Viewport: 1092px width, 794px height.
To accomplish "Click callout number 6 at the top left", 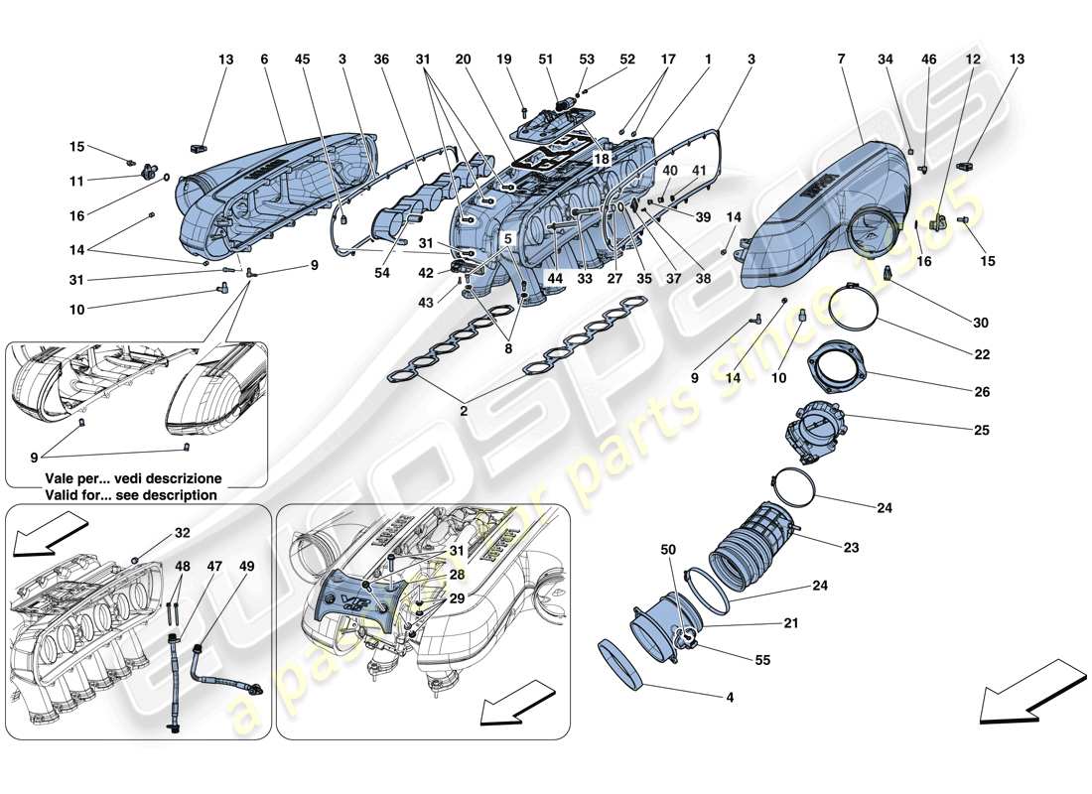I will [265, 60].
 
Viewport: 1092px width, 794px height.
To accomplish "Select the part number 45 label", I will [303, 60].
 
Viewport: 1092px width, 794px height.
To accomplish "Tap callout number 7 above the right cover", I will [841, 60].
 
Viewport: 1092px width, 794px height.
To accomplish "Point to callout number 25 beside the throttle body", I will [983, 431].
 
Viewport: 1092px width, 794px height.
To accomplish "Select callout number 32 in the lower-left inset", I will [182, 533].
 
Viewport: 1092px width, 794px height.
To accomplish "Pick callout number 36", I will [381, 60].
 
